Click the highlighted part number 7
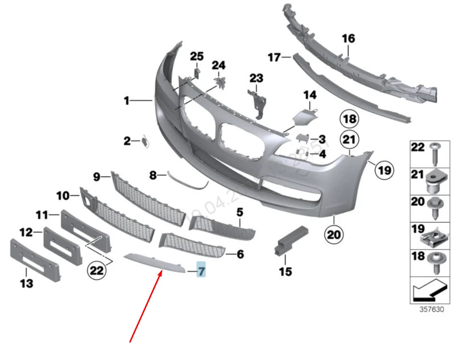click(x=201, y=270)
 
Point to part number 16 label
click(x=348, y=38)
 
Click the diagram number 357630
click(x=431, y=310)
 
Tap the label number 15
click(x=286, y=271)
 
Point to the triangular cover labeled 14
click(x=306, y=117)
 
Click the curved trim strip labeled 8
click(x=186, y=180)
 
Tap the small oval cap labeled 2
click(x=145, y=141)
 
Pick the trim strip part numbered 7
click(x=155, y=262)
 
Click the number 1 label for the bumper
click(x=126, y=101)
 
